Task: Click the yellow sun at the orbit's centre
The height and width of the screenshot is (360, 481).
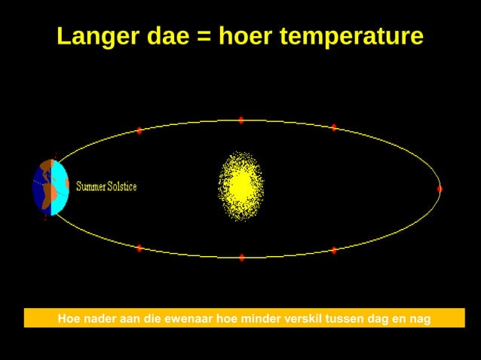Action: tap(240, 185)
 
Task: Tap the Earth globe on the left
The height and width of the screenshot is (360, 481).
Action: tap(51, 187)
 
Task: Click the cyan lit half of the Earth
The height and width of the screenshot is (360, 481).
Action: tap(60, 187)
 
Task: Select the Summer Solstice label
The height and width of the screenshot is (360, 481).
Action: tap(106, 186)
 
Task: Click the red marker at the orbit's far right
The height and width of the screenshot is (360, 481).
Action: tap(440, 189)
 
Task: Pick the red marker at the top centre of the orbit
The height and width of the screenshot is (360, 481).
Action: tap(241, 120)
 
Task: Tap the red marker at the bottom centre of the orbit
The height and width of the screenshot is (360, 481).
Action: tap(242, 258)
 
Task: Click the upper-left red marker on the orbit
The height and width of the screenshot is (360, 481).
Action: tap(139, 131)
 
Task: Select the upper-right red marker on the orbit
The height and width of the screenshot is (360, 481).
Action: tap(334, 127)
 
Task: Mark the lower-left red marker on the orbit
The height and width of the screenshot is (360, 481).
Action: tap(139, 248)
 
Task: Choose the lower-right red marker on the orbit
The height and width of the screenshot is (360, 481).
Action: tap(334, 250)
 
